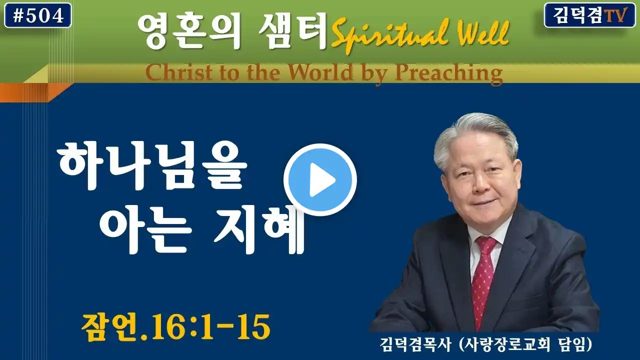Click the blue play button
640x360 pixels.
(320, 179)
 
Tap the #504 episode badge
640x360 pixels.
(38, 15)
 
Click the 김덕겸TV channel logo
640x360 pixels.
(589, 15)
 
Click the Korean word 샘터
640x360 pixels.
(293, 31)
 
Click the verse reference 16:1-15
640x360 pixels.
(208, 327)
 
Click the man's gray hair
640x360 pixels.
(474, 134)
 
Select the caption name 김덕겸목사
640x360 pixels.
(415, 344)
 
